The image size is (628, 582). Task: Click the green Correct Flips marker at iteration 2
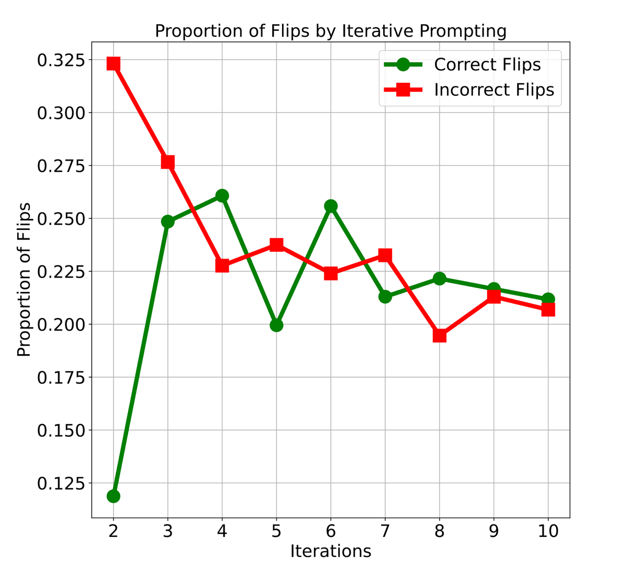pos(114,496)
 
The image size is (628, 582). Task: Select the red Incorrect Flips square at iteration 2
pos(114,64)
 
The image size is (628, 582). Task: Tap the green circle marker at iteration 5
pos(276,325)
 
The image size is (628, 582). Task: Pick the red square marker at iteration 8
pos(440,335)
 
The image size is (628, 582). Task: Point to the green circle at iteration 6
pos(331,206)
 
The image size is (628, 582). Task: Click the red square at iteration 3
pos(167,162)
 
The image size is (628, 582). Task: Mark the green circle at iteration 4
pos(222,195)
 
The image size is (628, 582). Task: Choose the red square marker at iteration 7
pos(385,255)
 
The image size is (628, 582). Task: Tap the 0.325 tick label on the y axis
pos(60,60)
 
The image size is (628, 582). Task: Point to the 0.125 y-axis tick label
pos(60,483)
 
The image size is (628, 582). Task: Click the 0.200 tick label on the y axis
pos(60,324)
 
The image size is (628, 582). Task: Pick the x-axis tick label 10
pos(548,531)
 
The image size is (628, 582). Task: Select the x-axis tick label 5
pos(276,531)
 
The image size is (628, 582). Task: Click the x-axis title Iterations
pos(331,551)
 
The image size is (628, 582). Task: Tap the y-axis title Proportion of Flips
pos(24,280)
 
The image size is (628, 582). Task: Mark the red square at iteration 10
pos(548,310)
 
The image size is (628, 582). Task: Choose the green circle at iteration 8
pos(440,278)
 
